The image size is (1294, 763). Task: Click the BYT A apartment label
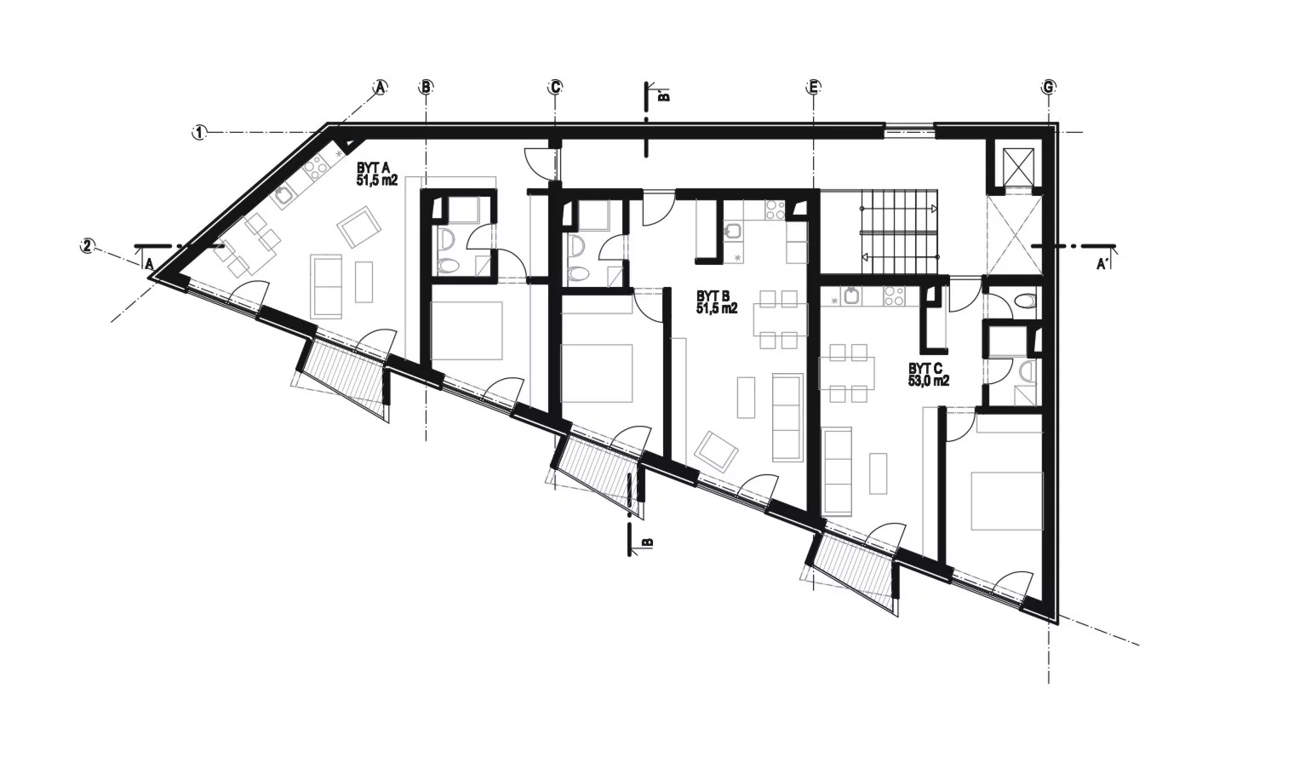coord(377,174)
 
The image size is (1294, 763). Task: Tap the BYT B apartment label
coord(717,303)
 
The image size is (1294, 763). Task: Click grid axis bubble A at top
coord(380,87)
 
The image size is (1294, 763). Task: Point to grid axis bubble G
coord(1048,87)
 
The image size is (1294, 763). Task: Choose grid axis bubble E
coord(813,87)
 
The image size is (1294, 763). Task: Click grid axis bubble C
coord(554,87)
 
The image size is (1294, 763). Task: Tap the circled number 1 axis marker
coord(199,132)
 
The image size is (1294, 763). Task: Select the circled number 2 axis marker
coord(87,245)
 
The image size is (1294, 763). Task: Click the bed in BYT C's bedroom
coord(1007,501)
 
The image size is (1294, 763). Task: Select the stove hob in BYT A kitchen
coord(315,169)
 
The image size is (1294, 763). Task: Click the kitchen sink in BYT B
coord(732,232)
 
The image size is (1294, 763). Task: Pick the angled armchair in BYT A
coord(359,227)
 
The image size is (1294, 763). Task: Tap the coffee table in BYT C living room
coord(878,473)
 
